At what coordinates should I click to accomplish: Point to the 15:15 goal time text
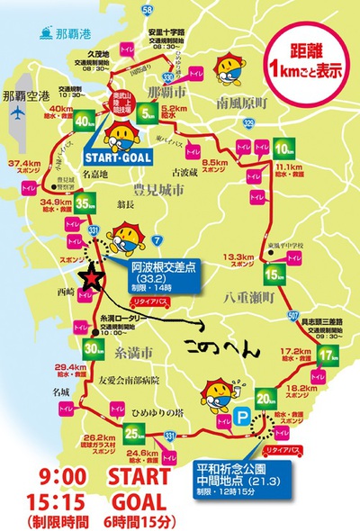[x=41, y=499]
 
